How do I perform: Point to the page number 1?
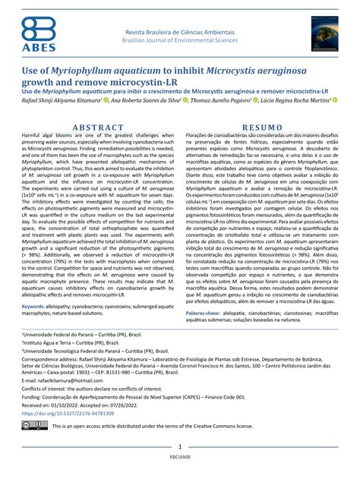179,448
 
